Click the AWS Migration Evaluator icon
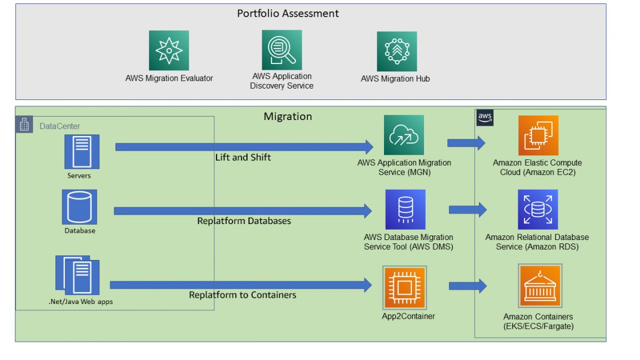(x=169, y=51)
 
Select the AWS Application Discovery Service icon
(x=282, y=50)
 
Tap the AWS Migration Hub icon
(x=397, y=51)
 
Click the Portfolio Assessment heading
(x=288, y=13)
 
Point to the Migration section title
(x=287, y=117)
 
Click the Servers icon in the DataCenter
(x=82, y=151)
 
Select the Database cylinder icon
(x=79, y=207)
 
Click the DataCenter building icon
(x=24, y=125)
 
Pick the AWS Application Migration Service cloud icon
(x=404, y=135)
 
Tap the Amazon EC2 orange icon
(x=538, y=135)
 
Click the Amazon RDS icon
(x=538, y=210)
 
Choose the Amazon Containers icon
(x=539, y=286)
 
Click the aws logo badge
(x=485, y=118)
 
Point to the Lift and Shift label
(x=243, y=157)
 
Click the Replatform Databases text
(x=244, y=221)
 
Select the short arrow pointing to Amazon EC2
(x=466, y=143)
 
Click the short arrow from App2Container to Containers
(x=467, y=286)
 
